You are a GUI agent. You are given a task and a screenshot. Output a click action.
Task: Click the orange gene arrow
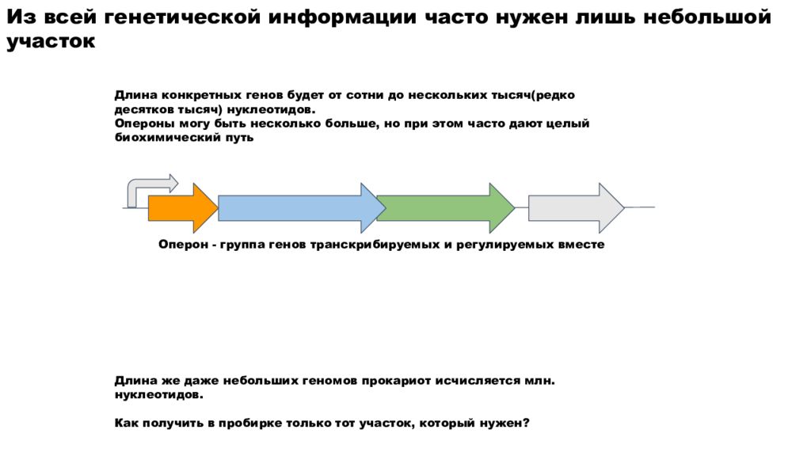[183, 208]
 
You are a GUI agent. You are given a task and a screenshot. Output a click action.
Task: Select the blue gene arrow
[302, 208]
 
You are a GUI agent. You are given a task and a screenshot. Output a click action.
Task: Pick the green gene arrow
[445, 208]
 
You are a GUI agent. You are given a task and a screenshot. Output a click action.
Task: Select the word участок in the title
[51, 41]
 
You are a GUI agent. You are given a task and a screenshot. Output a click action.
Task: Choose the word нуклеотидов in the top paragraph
[271, 109]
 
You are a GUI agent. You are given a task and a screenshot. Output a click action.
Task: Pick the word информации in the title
[342, 17]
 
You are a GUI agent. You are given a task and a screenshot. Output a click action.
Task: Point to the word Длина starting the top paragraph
[136, 95]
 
